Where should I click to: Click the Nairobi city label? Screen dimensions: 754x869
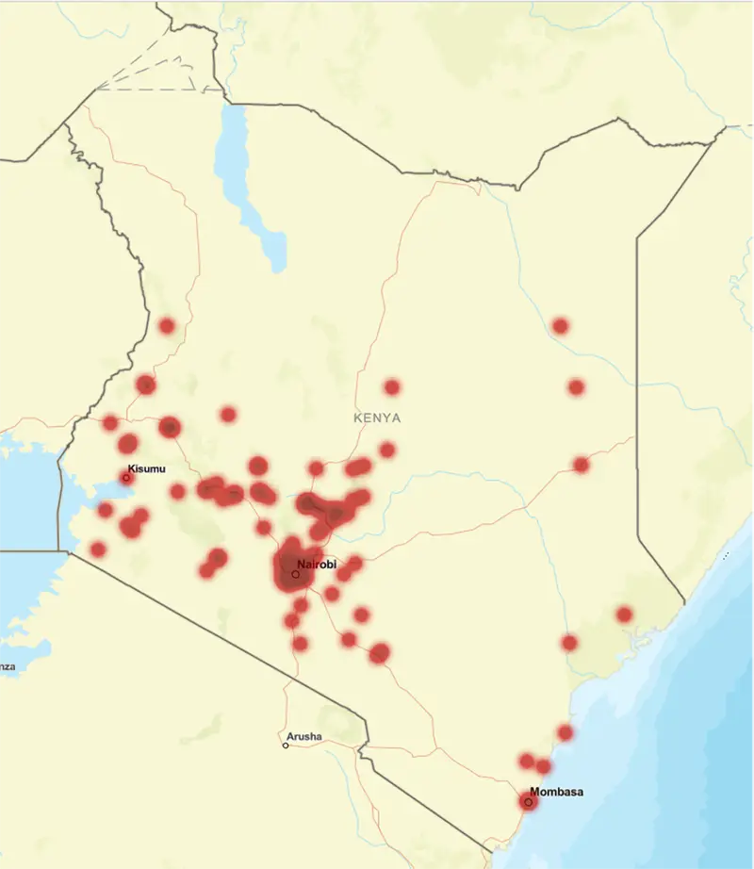click(317, 565)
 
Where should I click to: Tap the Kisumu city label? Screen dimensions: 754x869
click(146, 468)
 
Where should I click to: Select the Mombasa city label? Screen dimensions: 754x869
click(556, 792)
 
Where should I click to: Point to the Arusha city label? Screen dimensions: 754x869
click(304, 736)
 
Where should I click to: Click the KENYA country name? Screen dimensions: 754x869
click(377, 418)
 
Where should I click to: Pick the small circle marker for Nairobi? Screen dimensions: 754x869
click(295, 573)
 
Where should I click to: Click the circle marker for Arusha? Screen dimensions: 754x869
click(286, 746)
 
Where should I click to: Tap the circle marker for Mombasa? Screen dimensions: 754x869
click(528, 802)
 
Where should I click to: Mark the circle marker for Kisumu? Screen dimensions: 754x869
click(125, 478)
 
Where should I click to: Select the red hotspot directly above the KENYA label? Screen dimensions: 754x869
click(391, 386)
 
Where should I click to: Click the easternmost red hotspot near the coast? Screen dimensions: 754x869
click(624, 615)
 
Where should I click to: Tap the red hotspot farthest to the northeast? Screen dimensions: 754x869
click(561, 326)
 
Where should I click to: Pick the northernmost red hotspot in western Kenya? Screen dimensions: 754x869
click(167, 326)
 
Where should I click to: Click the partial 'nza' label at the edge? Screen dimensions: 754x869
click(8, 666)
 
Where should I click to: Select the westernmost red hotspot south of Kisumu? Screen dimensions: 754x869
click(98, 549)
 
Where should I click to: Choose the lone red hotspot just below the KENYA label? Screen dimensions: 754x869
click(386, 450)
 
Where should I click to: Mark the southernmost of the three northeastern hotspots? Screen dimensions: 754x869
click(581, 465)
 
